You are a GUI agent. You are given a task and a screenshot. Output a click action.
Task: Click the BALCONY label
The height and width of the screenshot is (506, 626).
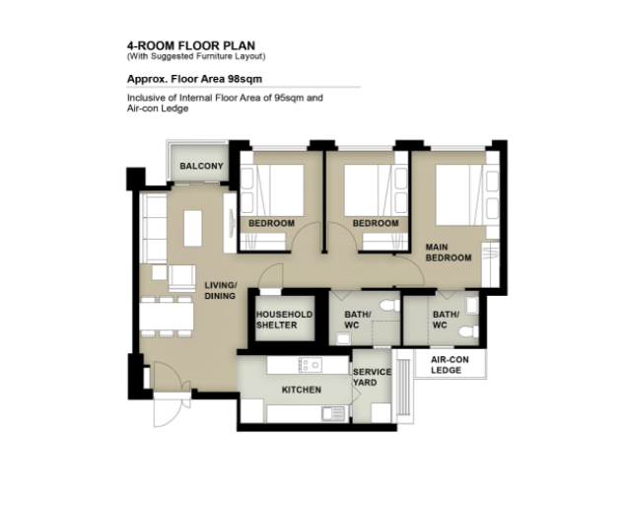(201, 166)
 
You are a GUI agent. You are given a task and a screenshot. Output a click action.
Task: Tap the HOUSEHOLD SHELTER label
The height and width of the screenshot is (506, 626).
(284, 320)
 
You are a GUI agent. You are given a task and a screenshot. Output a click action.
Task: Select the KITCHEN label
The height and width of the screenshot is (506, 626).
(302, 390)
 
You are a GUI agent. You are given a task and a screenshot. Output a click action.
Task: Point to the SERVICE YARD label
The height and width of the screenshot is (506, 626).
(372, 377)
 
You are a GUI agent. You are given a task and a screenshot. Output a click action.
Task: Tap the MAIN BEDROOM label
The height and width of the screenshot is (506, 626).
(449, 253)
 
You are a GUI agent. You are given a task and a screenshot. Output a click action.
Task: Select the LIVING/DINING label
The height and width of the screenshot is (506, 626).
(221, 290)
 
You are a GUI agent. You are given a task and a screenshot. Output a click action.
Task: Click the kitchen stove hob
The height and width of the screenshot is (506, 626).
(310, 364)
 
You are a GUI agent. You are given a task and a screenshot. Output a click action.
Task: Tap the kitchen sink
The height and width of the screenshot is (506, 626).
(333, 413)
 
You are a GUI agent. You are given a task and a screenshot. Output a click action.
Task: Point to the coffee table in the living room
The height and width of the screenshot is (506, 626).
(193, 228)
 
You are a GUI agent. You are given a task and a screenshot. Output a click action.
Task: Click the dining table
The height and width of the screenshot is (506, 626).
(167, 317)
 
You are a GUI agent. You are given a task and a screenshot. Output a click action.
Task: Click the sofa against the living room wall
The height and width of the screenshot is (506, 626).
(154, 228)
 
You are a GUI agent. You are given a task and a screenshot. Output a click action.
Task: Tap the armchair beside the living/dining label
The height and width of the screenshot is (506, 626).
(182, 278)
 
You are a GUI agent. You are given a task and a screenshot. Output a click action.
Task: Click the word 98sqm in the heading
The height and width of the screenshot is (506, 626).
(244, 79)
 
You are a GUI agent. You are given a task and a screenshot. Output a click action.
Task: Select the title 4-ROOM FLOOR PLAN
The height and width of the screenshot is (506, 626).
(191, 45)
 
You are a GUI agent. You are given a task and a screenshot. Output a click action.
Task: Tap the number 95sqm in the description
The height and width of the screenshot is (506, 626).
(289, 98)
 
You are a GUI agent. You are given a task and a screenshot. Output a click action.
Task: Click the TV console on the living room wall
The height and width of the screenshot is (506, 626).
(230, 223)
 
